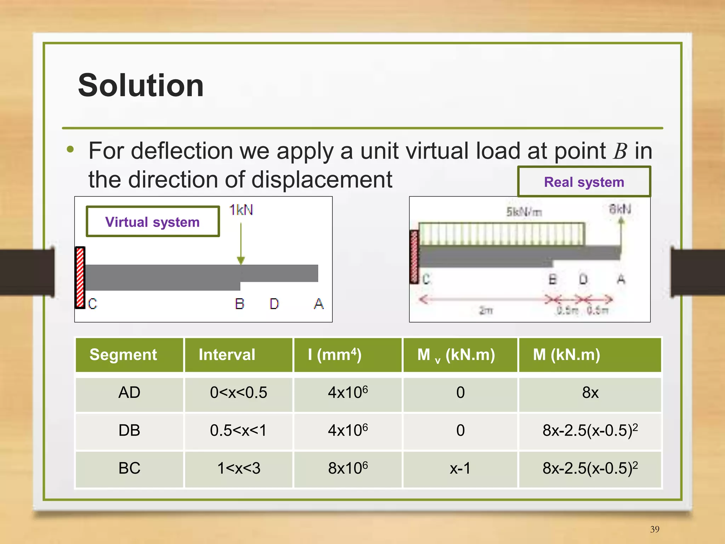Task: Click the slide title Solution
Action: coord(141,85)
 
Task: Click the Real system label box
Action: coord(584,182)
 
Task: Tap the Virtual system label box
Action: coord(153,222)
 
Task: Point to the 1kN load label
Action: coord(241,210)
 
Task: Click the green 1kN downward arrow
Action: coord(241,244)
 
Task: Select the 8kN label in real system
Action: coord(620,209)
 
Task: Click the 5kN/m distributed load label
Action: coord(524,212)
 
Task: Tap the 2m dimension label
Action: coord(486,310)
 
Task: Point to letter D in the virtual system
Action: coord(274,304)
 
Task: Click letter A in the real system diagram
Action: coord(621,279)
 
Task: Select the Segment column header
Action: coord(123,355)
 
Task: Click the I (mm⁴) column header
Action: coord(335,355)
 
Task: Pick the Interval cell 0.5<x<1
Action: coord(238,430)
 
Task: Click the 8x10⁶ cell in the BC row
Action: coord(348,468)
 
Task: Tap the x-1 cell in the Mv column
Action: coord(460,468)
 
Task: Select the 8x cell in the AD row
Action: coord(590,393)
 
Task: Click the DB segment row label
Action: coord(129,430)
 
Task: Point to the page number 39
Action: coord(655,529)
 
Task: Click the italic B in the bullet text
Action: coord(620,151)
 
